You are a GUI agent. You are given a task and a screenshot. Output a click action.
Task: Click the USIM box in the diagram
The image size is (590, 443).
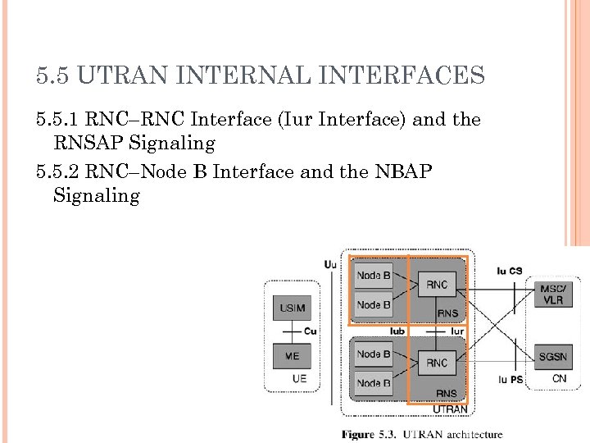point(292,308)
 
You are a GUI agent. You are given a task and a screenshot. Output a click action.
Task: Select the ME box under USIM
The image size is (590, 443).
point(292,357)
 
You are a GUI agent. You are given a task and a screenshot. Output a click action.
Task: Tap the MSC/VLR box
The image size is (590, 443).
point(552,294)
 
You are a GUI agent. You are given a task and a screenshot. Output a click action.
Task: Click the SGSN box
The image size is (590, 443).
point(552,357)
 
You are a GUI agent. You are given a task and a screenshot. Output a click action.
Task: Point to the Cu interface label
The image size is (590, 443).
point(310,331)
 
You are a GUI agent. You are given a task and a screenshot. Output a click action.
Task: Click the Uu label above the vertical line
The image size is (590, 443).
point(329,264)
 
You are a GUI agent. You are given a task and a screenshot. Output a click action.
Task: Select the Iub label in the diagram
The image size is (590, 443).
point(398,331)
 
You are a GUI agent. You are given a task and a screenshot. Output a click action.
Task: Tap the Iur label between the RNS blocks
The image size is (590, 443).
point(457,331)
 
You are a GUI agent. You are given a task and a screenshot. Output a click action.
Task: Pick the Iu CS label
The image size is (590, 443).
point(509,271)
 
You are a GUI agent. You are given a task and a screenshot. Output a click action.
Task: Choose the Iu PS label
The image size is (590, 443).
point(510,380)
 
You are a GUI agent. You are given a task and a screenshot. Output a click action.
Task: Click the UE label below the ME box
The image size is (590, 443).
point(300,379)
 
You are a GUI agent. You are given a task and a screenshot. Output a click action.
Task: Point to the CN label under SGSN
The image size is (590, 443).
point(559,378)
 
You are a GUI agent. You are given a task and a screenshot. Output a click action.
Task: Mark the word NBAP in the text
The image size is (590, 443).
point(415,171)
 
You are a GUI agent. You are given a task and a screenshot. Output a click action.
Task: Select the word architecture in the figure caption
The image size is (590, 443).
point(471,434)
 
